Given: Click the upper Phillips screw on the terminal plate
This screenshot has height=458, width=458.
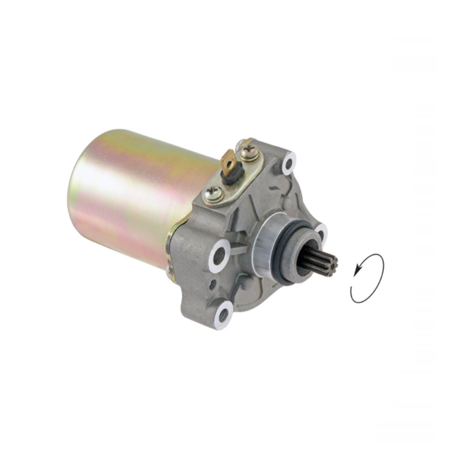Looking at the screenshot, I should point(249,150).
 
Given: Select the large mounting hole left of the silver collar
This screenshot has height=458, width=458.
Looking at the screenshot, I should point(219,256).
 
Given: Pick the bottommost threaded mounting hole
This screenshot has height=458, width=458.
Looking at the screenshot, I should point(223,315).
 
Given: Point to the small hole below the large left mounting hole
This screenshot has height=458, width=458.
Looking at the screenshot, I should point(212,285).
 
